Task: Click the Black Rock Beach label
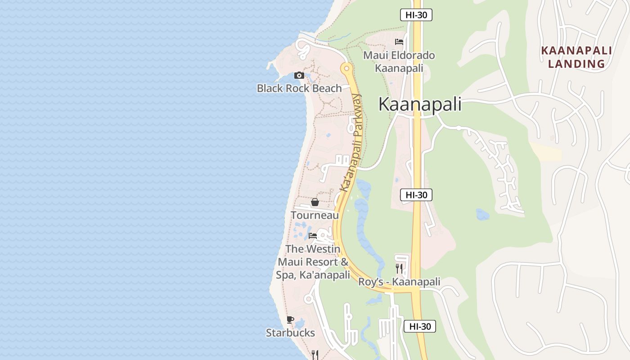tap(299, 88)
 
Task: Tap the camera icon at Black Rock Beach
tap(299, 76)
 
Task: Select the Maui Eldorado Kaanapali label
tap(399, 62)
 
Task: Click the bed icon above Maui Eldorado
tap(399, 42)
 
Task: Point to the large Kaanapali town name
tap(420, 104)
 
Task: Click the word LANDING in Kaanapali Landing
tap(576, 64)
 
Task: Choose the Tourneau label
tap(315, 215)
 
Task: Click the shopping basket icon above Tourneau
tap(315, 202)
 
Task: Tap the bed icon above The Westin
tap(313, 236)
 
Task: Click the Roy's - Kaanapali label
tap(399, 282)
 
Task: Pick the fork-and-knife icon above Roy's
tap(399, 269)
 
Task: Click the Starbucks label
tap(290, 333)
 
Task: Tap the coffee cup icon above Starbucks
tap(290, 320)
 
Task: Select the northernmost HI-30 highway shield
tap(416, 15)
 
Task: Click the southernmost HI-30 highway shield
tap(419, 326)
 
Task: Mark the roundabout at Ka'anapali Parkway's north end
tap(346, 69)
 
